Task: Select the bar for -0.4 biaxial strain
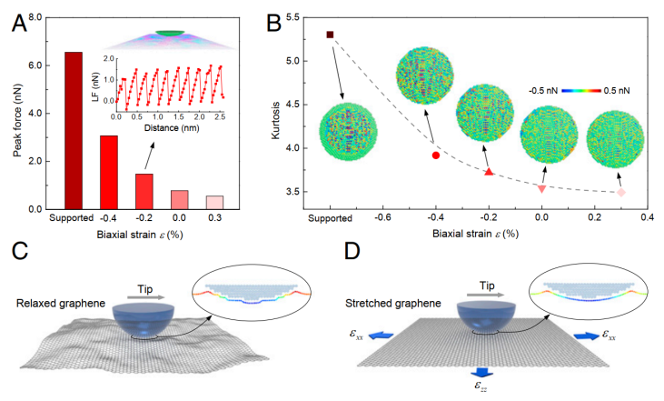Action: (108, 172)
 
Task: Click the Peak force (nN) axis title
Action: (17, 113)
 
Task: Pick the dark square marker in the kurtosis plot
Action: (330, 35)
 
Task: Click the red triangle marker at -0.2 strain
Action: (489, 171)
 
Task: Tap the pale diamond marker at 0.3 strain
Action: (621, 192)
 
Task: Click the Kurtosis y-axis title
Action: (275, 113)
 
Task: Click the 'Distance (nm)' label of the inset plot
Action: (171, 127)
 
